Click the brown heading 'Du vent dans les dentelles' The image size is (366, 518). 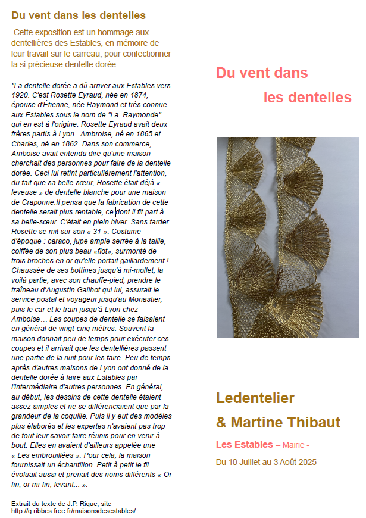click(x=79, y=15)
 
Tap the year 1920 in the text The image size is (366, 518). click(x=21, y=94)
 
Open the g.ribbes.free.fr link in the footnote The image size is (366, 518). click(x=73, y=511)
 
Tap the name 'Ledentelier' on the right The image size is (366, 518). click(x=255, y=397)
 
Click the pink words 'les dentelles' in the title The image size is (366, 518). click(x=307, y=97)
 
